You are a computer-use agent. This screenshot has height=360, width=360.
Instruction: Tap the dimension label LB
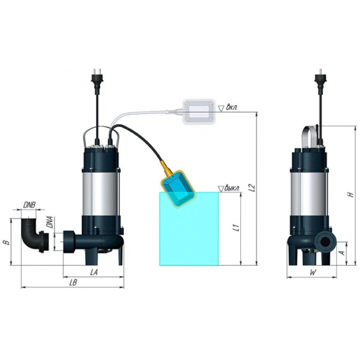(x=74, y=283)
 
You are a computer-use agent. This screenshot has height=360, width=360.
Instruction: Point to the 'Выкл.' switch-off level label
(x=232, y=188)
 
